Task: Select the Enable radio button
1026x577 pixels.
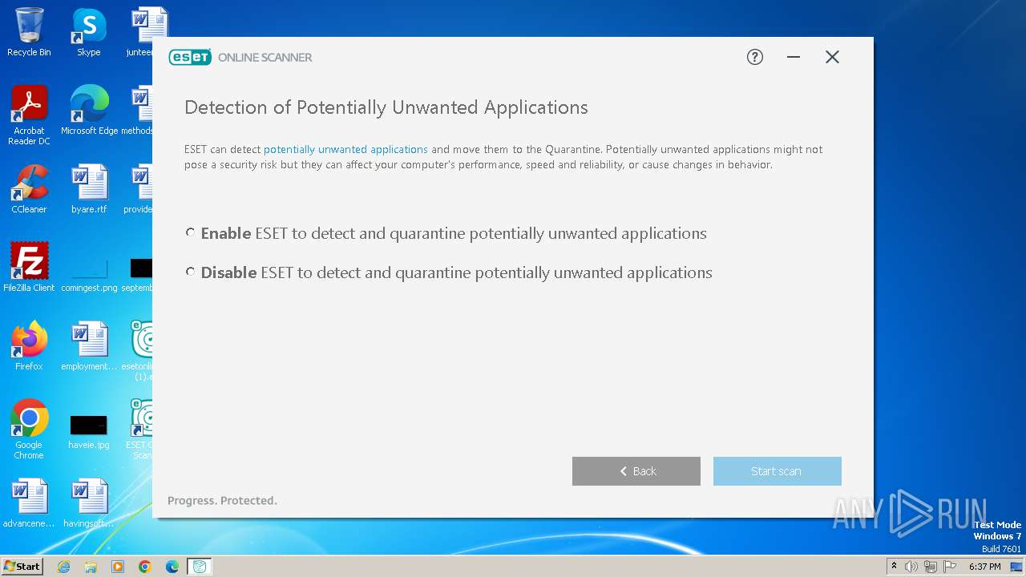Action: coord(190,233)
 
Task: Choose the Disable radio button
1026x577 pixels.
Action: coord(190,272)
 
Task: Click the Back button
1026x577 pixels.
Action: coord(636,471)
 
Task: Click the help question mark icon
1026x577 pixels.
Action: coord(755,57)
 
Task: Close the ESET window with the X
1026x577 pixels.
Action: coord(832,57)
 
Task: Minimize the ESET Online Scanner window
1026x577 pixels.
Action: coord(794,57)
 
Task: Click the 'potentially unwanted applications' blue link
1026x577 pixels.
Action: coord(345,150)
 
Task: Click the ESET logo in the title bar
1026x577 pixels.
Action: coord(190,57)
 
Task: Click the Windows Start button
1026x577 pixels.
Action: coord(22,567)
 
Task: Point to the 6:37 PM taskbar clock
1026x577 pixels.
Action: coord(984,567)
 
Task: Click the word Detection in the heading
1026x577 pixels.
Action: coord(225,107)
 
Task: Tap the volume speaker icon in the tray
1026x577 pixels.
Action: coord(911,567)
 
